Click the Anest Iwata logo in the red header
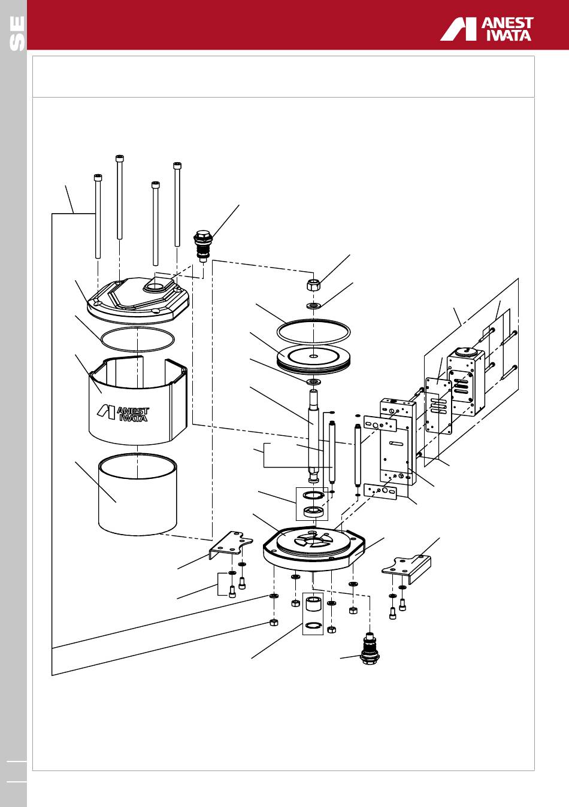tap(486, 29)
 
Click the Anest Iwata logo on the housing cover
tap(123, 414)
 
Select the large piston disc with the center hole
tap(313, 359)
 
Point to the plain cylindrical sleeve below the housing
tap(138, 494)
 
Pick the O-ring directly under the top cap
tap(138, 339)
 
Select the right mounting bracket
tap(407, 569)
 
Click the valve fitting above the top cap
tap(203, 245)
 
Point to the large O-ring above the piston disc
tap(313, 330)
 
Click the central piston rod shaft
tap(313, 436)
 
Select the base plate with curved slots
tap(314, 550)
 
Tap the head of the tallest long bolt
tap(120, 158)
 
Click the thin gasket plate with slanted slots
tap(438, 405)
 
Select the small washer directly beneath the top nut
tap(314, 306)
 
